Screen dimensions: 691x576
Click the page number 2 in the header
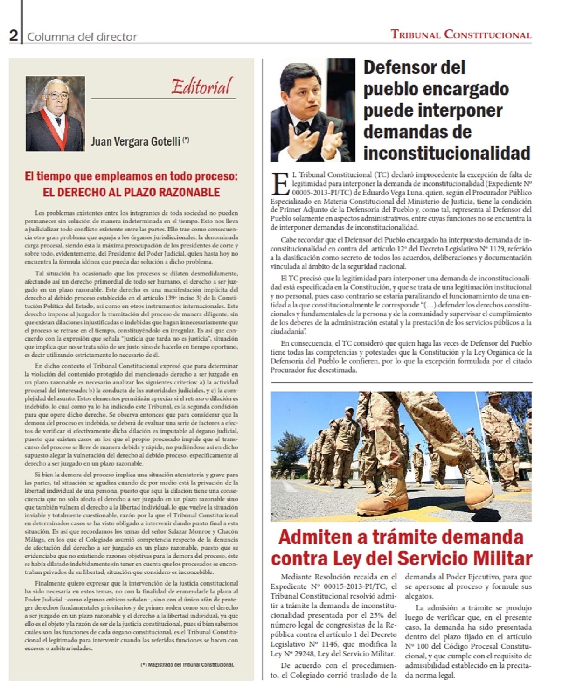coord(14,35)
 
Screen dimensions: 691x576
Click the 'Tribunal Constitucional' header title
coord(461,35)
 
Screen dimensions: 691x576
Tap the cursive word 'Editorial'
coord(202,87)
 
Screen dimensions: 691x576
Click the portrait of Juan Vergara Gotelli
coord(55,113)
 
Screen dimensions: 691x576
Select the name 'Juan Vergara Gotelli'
coord(136,141)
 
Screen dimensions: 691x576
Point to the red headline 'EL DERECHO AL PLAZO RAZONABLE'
coord(131,192)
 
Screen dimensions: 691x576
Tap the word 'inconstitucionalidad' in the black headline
coord(447,153)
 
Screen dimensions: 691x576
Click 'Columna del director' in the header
coord(82,36)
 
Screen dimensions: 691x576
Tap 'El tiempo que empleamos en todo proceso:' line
coord(131,176)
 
